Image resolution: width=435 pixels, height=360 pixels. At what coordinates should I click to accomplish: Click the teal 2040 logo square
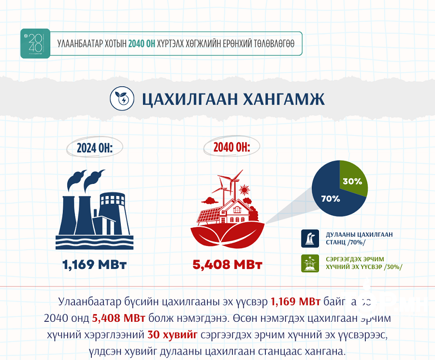tap(35, 44)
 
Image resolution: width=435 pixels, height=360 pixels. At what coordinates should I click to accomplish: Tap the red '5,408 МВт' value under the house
tap(227, 265)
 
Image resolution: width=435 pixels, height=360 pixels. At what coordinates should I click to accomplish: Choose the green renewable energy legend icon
tap(310, 263)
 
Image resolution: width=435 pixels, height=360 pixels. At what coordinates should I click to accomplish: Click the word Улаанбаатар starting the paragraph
tap(88, 302)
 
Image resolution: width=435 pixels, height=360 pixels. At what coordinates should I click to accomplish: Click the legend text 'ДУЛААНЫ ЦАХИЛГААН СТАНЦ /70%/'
tap(346, 238)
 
